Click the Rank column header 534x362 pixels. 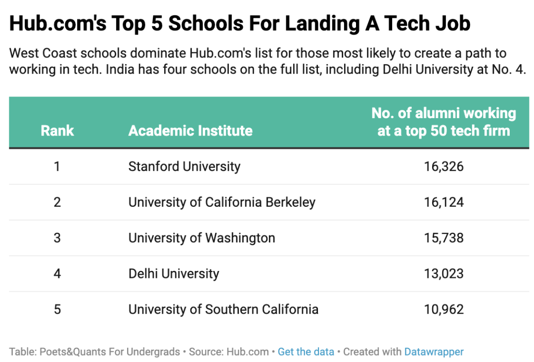[57, 131]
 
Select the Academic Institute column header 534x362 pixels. [190, 131]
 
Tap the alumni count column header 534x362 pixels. [444, 122]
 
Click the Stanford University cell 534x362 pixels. [184, 167]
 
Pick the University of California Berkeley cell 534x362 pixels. [222, 202]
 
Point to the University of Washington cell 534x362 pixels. [202, 238]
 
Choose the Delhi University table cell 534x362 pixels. [174, 273]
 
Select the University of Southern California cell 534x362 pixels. [223, 310]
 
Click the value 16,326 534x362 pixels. [444, 167]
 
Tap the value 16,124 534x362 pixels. [444, 202]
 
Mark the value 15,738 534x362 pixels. [444, 238]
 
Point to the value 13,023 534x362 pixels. [444, 273]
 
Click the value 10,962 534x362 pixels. [444, 310]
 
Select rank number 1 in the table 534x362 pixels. [57, 167]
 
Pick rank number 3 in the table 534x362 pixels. [57, 238]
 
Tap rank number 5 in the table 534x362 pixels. [57, 310]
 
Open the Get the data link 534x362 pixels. [306, 352]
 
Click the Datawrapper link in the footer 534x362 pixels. [434, 352]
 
